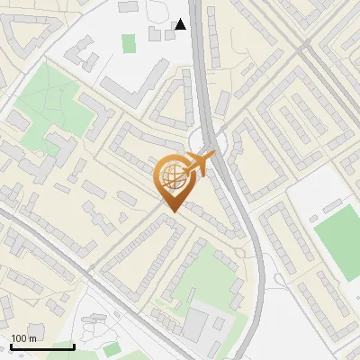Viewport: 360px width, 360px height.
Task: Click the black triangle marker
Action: click(181, 24)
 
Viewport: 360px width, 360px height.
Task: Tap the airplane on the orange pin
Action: click(200, 164)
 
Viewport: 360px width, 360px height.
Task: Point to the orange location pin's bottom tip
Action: click(172, 211)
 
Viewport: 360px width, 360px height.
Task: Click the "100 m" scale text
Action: click(23, 338)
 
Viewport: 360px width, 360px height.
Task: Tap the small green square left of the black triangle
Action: click(129, 42)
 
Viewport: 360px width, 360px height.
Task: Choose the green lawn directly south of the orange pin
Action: click(207, 270)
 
